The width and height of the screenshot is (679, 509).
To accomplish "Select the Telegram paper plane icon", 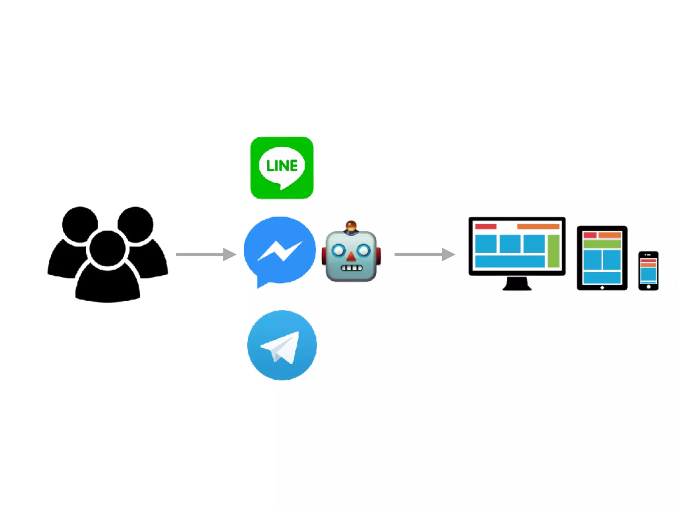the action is (282, 345).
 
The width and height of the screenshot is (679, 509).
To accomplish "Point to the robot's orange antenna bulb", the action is (351, 226).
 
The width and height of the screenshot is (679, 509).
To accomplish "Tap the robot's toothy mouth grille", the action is (352, 268).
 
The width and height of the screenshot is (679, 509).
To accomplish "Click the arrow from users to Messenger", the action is (206, 254).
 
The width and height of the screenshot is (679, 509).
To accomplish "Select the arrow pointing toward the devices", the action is (424, 254).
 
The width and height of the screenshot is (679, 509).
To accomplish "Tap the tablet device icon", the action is (602, 258).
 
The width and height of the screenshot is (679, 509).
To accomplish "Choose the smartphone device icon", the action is (648, 271).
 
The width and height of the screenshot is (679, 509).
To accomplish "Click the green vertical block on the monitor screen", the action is (553, 251).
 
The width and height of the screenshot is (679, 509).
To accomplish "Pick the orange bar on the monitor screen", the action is (538, 227).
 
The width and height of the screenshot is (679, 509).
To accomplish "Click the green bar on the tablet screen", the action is (602, 244).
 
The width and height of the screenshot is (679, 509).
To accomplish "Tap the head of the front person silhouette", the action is (107, 249).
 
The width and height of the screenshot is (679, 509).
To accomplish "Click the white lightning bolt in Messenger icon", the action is (280, 251).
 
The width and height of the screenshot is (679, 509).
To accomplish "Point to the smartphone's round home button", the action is (648, 287).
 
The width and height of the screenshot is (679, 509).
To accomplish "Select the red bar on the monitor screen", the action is (486, 227).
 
